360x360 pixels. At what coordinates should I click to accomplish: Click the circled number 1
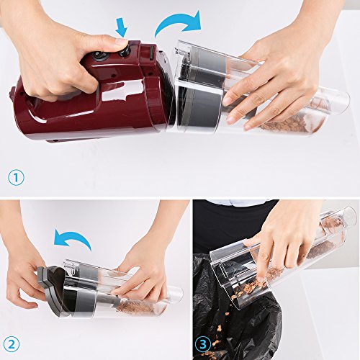point(16,177)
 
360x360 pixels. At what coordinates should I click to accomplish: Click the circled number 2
point(11,344)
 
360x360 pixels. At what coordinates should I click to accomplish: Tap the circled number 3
point(203,345)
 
